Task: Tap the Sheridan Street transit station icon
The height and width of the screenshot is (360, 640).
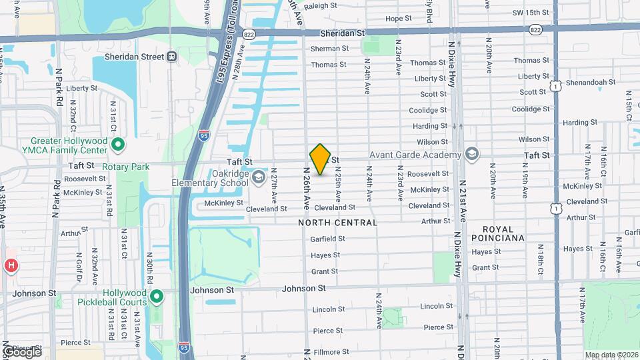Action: pyautogui.click(x=172, y=57)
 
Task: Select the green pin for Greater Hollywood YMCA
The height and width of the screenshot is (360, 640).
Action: pyautogui.click(x=118, y=144)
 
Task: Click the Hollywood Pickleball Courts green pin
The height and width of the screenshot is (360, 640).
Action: pyautogui.click(x=157, y=297)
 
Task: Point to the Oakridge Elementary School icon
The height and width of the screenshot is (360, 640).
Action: pyautogui.click(x=259, y=178)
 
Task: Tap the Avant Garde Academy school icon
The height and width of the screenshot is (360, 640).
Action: pyautogui.click(x=472, y=155)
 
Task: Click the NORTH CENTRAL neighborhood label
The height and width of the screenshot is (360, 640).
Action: pyautogui.click(x=338, y=223)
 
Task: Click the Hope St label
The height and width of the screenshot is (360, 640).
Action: pyautogui.click(x=399, y=19)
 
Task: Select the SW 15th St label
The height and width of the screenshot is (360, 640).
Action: pyautogui.click(x=530, y=13)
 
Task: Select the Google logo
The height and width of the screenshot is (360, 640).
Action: pyautogui.click(x=21, y=351)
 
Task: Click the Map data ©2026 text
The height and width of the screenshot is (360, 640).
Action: pyautogui.click(x=610, y=355)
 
